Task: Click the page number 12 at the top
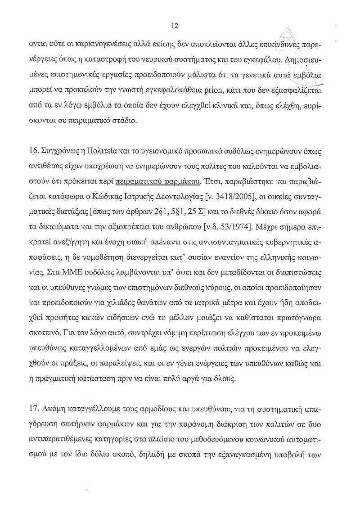[x=175, y=26]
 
